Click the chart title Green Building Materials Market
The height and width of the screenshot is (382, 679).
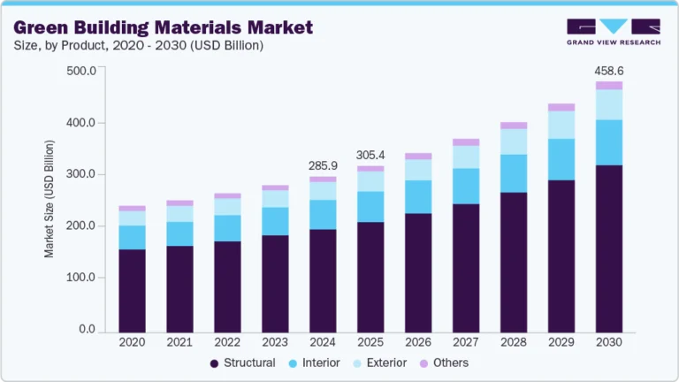click(x=164, y=27)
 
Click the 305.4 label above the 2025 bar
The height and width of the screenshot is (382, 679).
click(x=370, y=155)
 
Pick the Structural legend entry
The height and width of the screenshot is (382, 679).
click(x=243, y=363)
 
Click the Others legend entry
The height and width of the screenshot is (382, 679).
click(x=445, y=363)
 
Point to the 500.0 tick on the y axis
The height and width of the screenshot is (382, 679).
click(x=80, y=71)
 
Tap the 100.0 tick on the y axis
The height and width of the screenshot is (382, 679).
click(x=80, y=278)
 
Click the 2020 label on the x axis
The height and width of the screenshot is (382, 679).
click(x=132, y=342)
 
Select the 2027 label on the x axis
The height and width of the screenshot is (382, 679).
click(x=466, y=342)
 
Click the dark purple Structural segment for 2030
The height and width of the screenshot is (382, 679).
click(x=609, y=248)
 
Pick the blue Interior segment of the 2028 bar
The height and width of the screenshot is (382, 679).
click(x=514, y=173)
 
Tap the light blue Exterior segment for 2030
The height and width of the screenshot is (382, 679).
click(x=609, y=104)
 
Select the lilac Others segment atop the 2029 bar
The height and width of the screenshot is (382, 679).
click(x=561, y=107)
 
